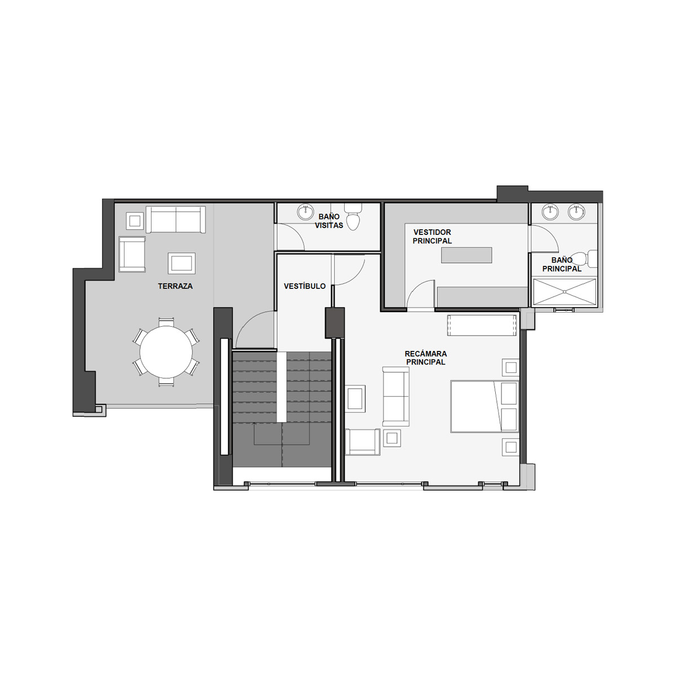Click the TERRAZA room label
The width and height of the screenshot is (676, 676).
[x=175, y=286]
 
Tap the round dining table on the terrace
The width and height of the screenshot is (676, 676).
[x=166, y=352]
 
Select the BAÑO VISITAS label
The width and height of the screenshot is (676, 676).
[x=328, y=221]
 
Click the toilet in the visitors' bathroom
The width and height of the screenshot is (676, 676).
[x=353, y=217]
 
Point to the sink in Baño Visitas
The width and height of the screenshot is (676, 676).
[x=305, y=212]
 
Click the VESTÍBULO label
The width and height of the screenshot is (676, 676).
[x=305, y=286]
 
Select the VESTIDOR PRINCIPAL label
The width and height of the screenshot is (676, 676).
[x=432, y=237]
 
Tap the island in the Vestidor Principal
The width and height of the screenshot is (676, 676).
[x=466, y=255]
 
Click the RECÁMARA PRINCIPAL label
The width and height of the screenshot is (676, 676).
[x=425, y=358]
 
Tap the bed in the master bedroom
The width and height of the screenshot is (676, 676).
[x=484, y=406]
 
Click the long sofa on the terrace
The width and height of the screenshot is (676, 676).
[x=176, y=219]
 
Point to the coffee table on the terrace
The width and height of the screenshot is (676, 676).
[x=182, y=263]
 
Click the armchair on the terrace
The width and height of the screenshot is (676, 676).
[x=132, y=254]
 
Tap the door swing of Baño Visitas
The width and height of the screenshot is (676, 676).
[x=291, y=237]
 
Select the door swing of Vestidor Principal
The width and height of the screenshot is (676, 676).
[x=421, y=295]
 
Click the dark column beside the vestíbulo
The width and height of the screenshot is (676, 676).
[x=335, y=322]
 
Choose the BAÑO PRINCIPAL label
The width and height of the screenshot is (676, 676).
[x=562, y=265]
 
